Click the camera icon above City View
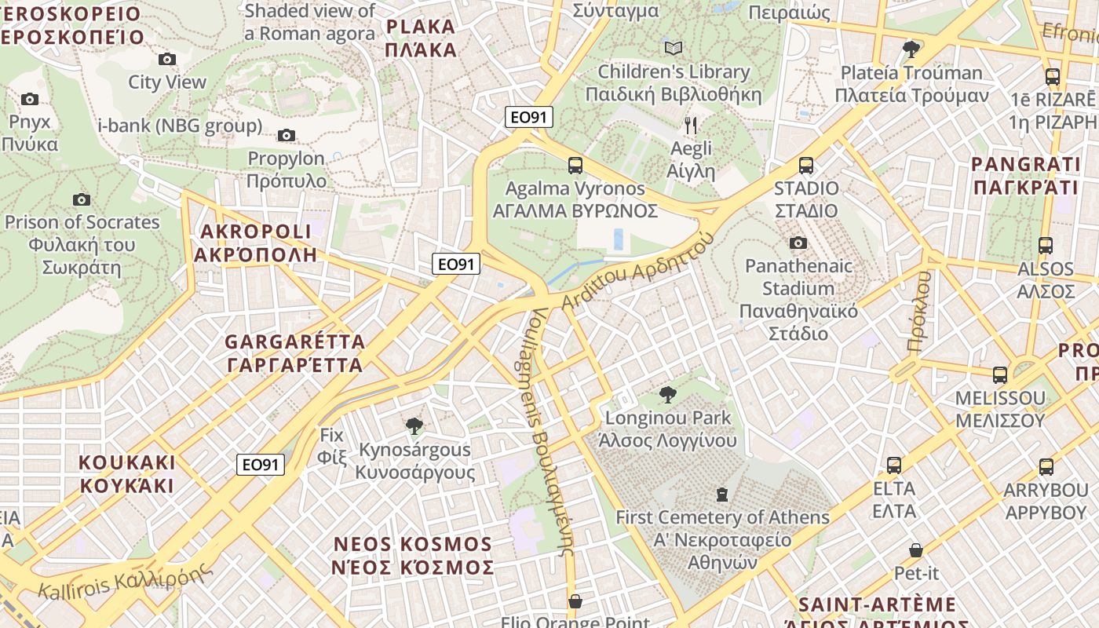(x=166, y=59)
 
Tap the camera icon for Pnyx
(x=30, y=99)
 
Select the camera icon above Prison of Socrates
(x=81, y=199)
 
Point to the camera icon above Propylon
(x=287, y=135)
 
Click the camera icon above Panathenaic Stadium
(x=798, y=243)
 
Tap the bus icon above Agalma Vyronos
(x=575, y=165)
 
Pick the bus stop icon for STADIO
(x=806, y=166)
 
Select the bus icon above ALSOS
(x=1045, y=245)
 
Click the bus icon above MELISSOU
(x=1000, y=375)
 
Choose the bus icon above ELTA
(x=894, y=466)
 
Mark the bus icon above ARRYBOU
(x=1046, y=467)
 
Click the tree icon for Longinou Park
(x=668, y=394)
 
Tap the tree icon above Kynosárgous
(x=414, y=426)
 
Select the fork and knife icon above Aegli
(x=691, y=126)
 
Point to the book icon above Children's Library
(x=673, y=49)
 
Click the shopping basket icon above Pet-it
(x=915, y=550)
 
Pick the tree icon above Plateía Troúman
(x=911, y=49)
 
